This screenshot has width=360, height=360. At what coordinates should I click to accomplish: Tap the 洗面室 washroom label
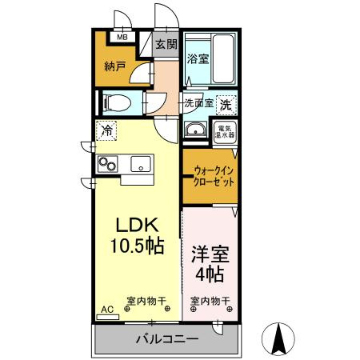click(198, 102)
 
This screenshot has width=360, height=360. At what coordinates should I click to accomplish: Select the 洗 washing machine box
click(226, 103)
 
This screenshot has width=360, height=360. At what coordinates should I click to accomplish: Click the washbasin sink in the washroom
click(194, 131)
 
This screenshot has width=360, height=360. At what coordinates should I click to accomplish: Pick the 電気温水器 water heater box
click(224, 131)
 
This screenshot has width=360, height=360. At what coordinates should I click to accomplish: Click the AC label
click(107, 308)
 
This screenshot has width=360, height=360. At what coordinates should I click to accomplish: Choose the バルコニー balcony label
click(166, 340)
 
